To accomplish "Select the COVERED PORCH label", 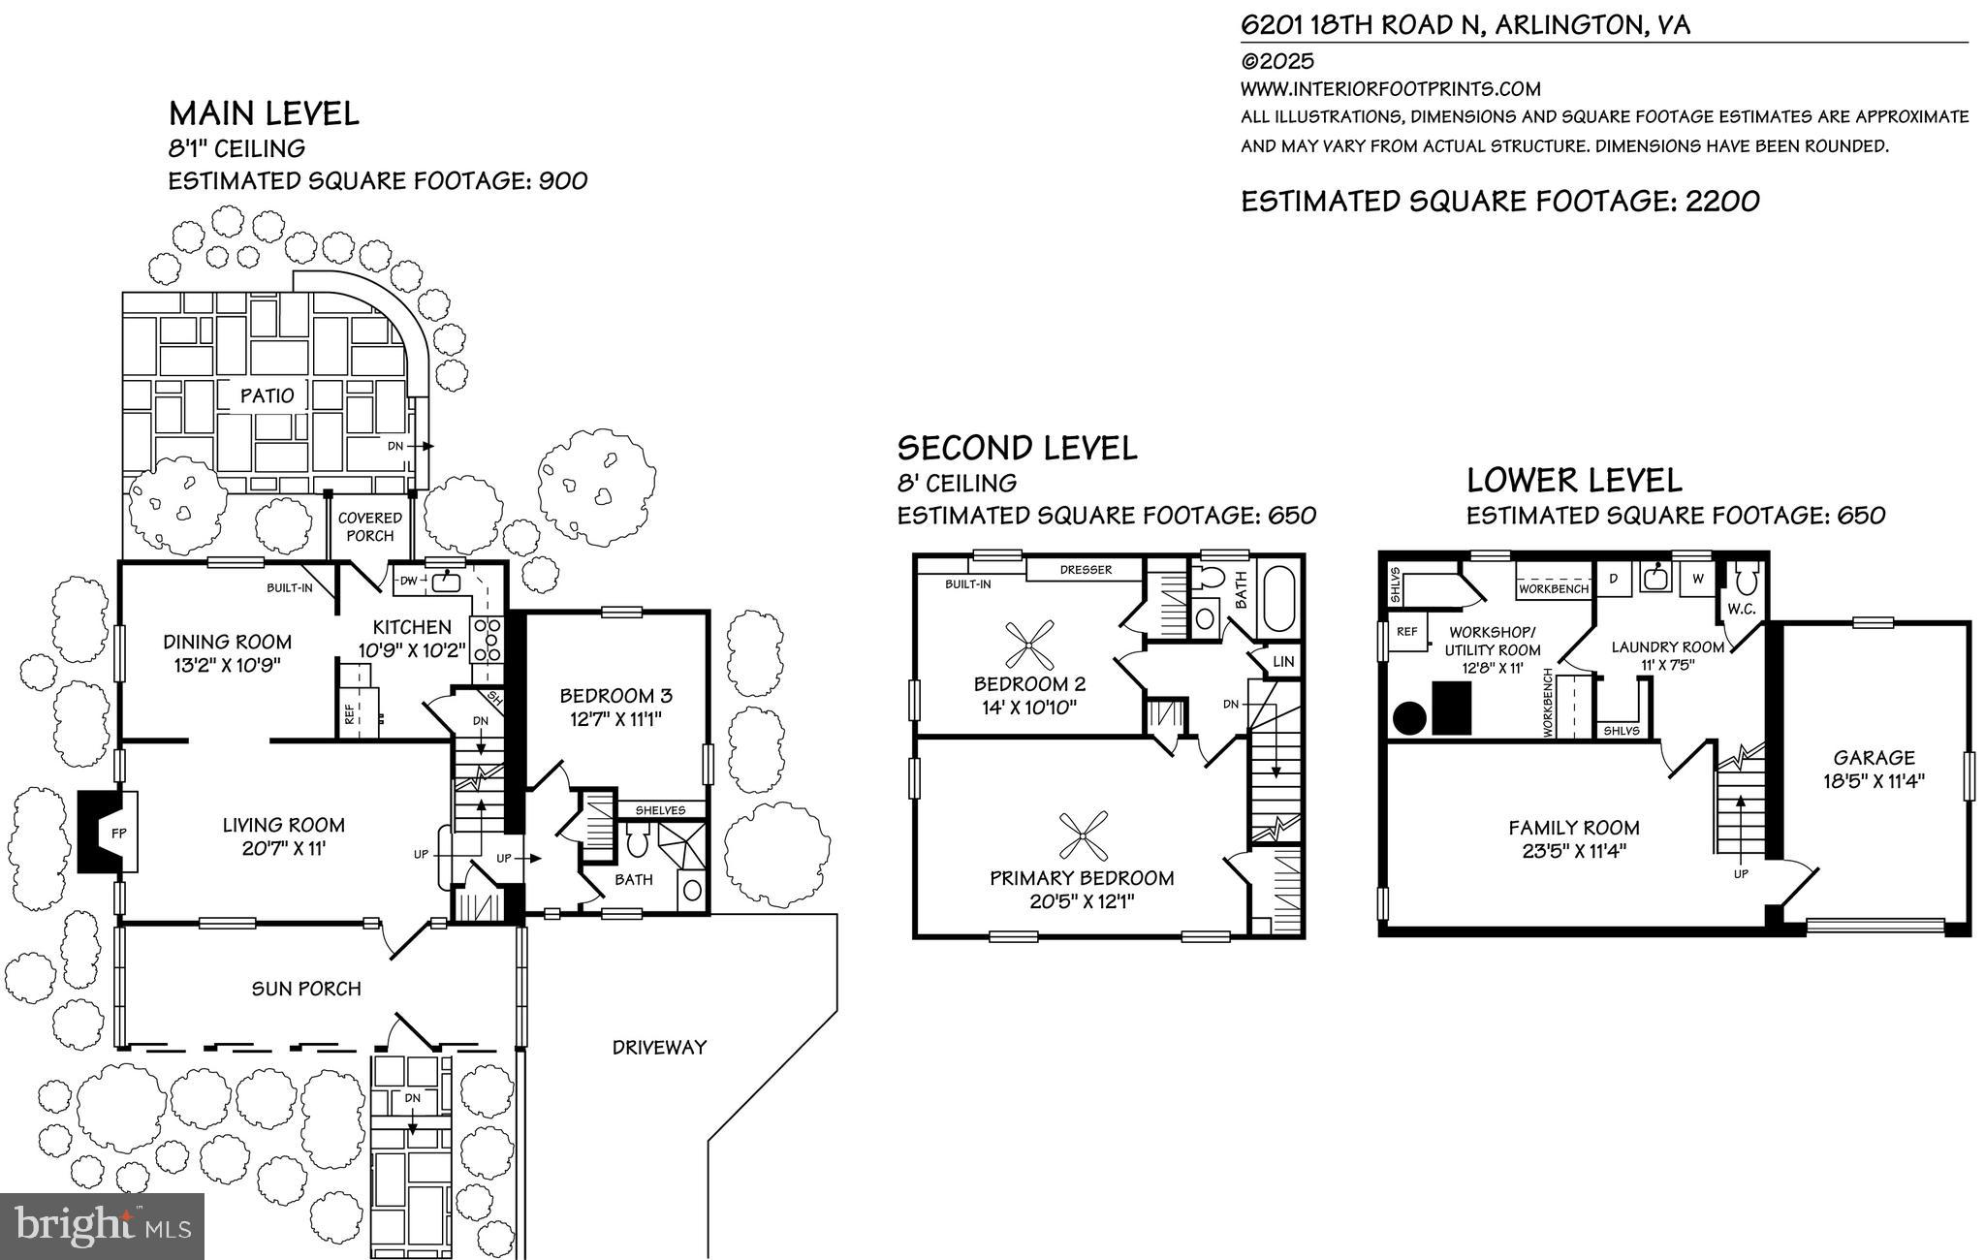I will click(x=369, y=526).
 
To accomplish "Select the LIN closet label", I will click(x=1283, y=662).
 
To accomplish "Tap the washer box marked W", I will click(x=1697, y=579).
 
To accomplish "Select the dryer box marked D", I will click(x=1614, y=579).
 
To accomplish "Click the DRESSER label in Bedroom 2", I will click(x=1086, y=570).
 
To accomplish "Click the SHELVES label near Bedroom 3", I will click(x=660, y=810).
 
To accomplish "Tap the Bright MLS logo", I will click(x=102, y=1226).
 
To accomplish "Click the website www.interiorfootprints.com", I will click(x=1390, y=89).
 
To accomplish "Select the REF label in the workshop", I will click(x=1405, y=632).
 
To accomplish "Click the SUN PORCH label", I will click(x=306, y=989).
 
